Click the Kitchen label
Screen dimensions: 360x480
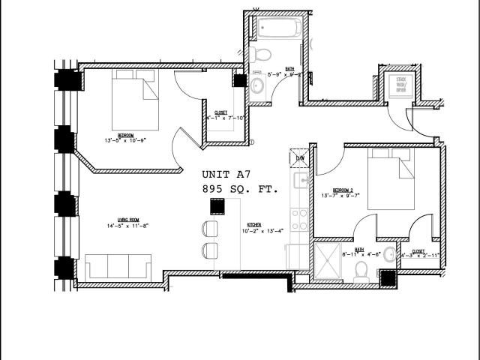coord(254,225)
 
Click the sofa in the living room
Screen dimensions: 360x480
coord(118,267)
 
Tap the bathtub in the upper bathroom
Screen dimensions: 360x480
coord(279,28)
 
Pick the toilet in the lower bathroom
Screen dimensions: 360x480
coord(361,267)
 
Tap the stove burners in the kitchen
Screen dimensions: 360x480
coord(299,219)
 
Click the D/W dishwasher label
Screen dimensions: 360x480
coord(299,157)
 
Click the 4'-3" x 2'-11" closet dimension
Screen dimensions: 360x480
coord(418,256)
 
